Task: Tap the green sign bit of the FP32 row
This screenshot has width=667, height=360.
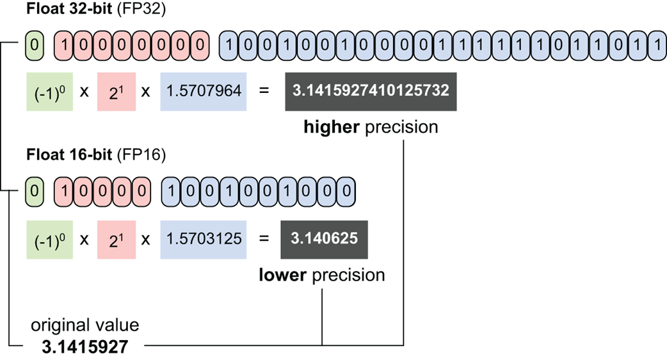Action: tap(35, 45)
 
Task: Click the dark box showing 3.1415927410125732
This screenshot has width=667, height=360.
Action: tap(370, 91)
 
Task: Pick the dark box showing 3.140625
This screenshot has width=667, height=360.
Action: tap(323, 238)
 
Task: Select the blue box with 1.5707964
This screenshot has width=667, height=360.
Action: tap(204, 91)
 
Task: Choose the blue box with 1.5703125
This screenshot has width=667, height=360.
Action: tap(204, 238)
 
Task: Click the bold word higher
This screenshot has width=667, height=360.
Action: tap(332, 127)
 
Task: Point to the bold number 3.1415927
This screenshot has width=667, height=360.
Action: tap(85, 347)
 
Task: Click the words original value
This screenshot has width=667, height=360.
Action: tap(85, 325)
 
